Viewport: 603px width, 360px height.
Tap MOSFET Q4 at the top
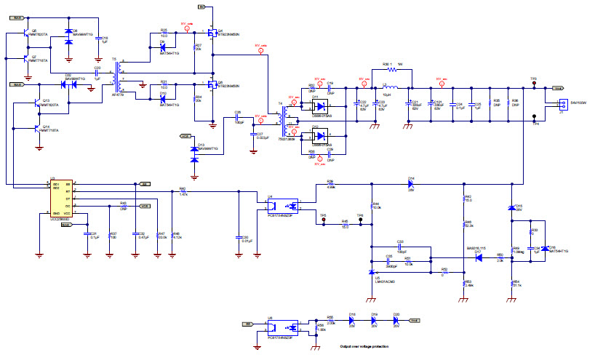211,33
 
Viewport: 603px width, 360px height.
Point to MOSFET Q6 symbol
211,85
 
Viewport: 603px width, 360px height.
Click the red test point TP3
535,84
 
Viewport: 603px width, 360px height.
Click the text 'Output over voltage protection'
370,347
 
